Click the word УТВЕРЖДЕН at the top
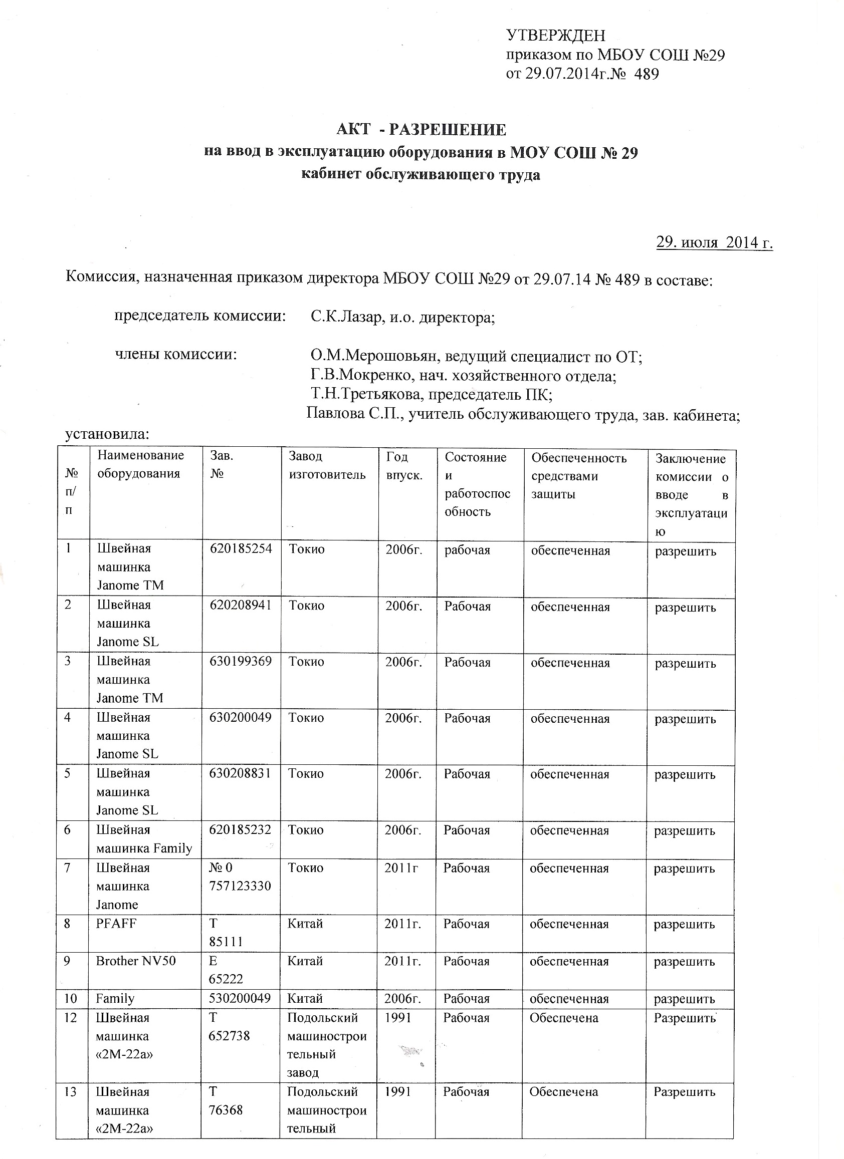[x=555, y=35]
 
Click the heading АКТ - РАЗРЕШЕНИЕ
[x=421, y=130]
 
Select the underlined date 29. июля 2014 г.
[x=714, y=242]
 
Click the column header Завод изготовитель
[x=327, y=465]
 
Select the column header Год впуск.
[x=404, y=466]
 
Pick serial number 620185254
[x=241, y=549]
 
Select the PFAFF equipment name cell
[x=116, y=924]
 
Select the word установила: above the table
[x=107, y=435]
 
